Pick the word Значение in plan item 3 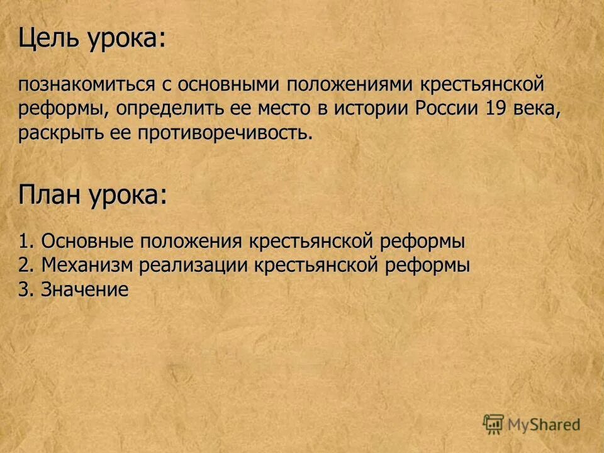(x=85, y=289)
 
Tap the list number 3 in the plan (x=23, y=289)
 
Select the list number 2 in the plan (x=23, y=266)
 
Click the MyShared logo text (x=544, y=425)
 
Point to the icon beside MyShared (x=493, y=424)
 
